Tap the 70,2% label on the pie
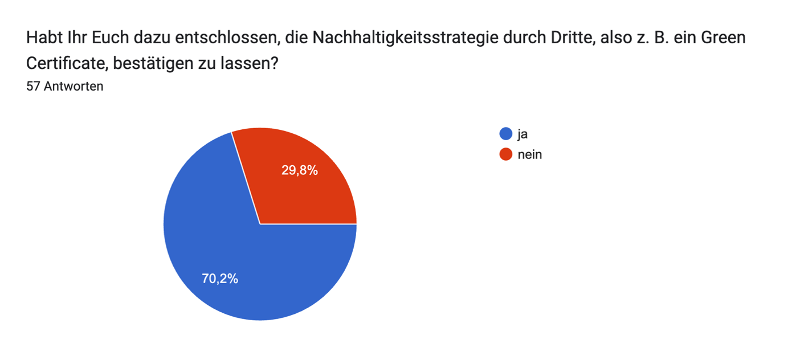coord(220,279)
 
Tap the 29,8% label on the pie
coord(300,170)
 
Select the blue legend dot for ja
coord(505,134)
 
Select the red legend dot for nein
coord(505,154)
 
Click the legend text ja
coord(522,134)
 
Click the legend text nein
coord(530,154)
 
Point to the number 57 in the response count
coord(33,87)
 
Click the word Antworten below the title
coord(73,87)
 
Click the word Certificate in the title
coord(63,63)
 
